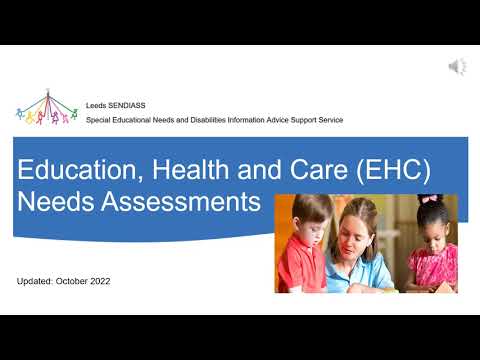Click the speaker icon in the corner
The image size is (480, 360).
[457, 67]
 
